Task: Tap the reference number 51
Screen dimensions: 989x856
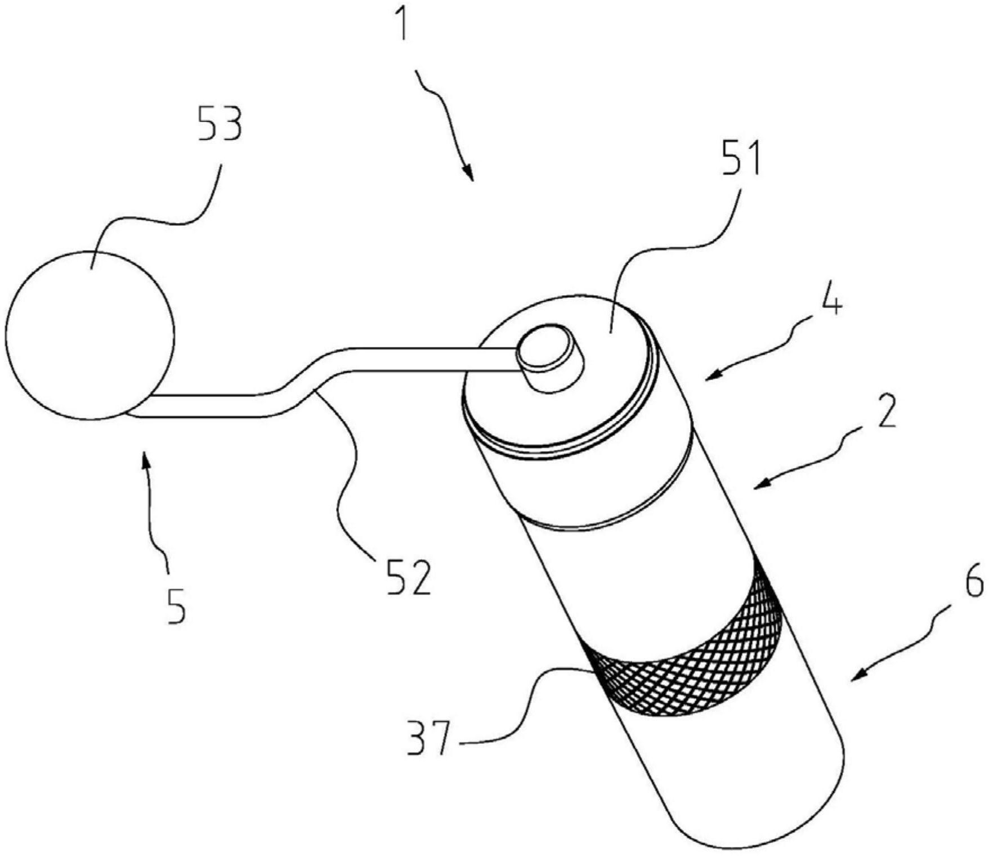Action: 739,159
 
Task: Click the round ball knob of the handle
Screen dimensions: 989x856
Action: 90,335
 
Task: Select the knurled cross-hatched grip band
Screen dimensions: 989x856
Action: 682,645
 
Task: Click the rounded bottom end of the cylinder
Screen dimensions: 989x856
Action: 760,800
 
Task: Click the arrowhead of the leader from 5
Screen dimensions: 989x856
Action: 146,460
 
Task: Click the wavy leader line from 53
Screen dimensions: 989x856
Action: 152,214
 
